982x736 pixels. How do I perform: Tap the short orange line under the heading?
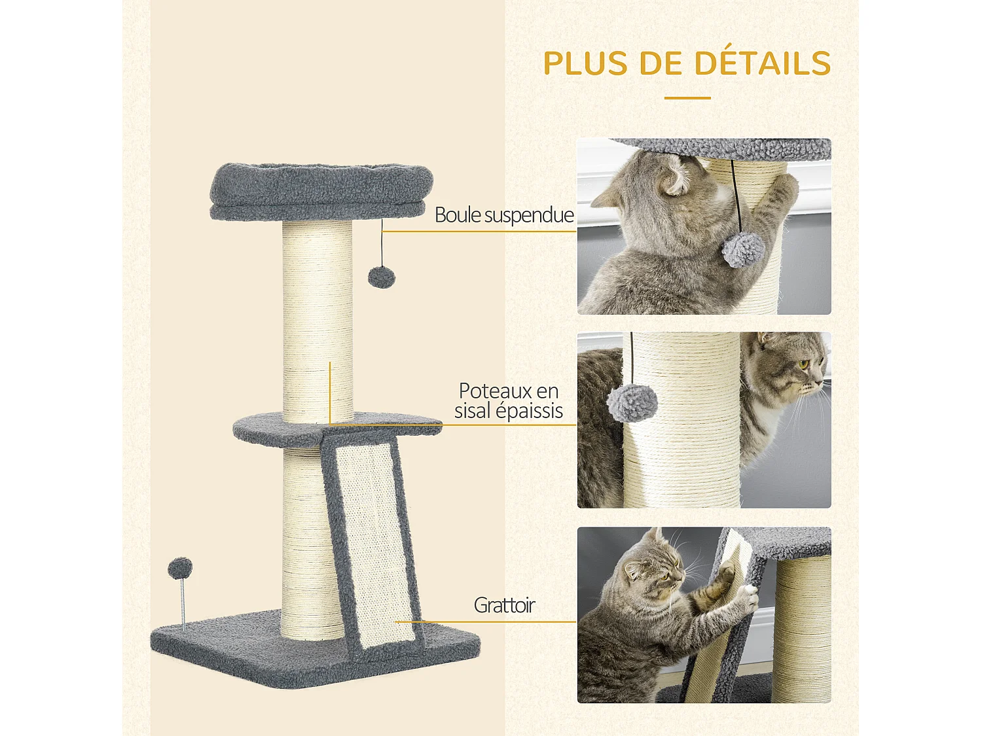point(687,98)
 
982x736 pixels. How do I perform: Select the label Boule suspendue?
point(504,215)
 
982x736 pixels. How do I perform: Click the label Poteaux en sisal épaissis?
point(509,400)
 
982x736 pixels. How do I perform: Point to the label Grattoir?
point(504,605)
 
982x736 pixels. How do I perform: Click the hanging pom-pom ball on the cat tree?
point(382,277)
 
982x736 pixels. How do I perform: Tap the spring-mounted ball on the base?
point(180,568)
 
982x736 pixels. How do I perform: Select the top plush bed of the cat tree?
point(321,190)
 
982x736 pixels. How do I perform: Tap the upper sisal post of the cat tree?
point(318,314)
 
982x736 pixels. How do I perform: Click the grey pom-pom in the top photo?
point(743,250)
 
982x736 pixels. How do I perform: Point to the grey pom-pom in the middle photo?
point(632,402)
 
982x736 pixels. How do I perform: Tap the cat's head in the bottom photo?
point(651,566)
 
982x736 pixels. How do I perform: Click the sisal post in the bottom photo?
point(802,628)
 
